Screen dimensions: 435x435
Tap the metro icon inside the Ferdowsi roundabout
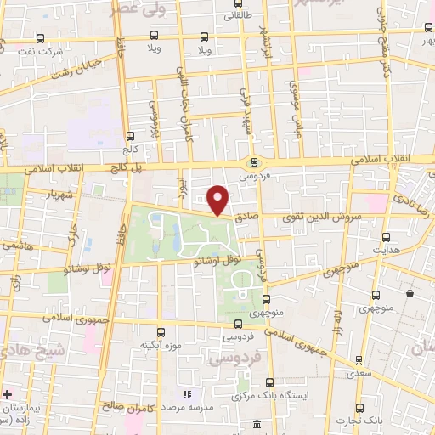(252, 163)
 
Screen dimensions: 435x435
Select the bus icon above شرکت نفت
(41, 37)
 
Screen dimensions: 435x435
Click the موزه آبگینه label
(160, 346)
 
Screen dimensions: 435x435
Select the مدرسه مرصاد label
(187, 409)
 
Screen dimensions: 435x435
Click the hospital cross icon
(7, 395)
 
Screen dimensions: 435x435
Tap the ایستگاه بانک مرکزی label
(269, 398)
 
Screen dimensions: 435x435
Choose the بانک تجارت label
(357, 421)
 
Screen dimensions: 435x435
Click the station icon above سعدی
(358, 360)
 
